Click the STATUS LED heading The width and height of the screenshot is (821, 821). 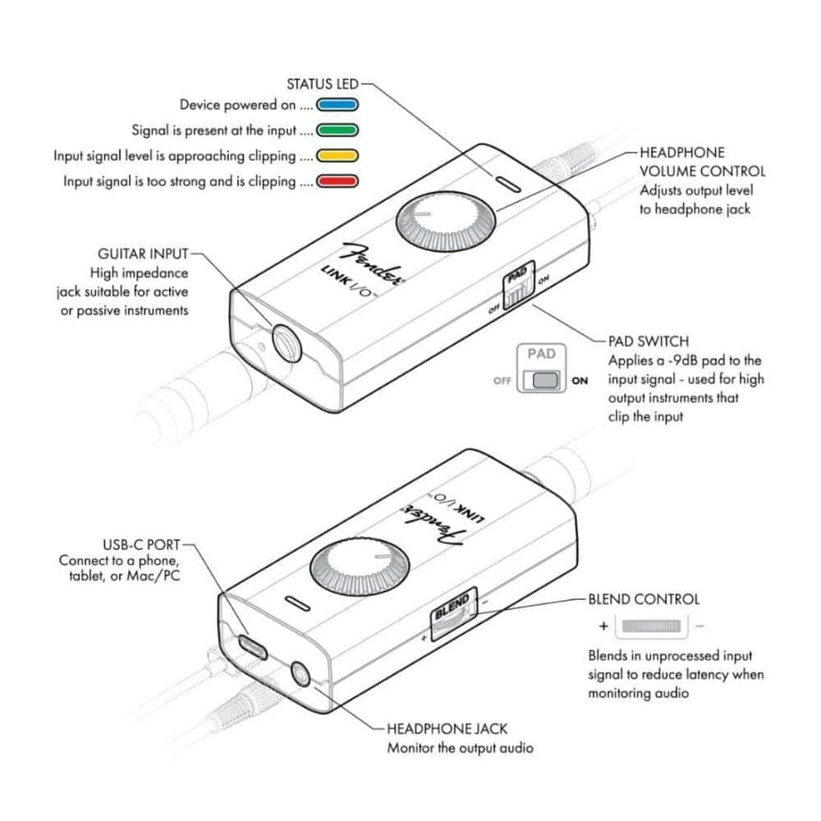point(322,84)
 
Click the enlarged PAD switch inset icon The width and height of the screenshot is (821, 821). point(544,380)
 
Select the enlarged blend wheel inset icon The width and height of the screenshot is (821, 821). point(652,626)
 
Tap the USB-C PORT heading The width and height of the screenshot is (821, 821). point(141,544)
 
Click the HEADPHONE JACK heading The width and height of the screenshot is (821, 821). point(447,728)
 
